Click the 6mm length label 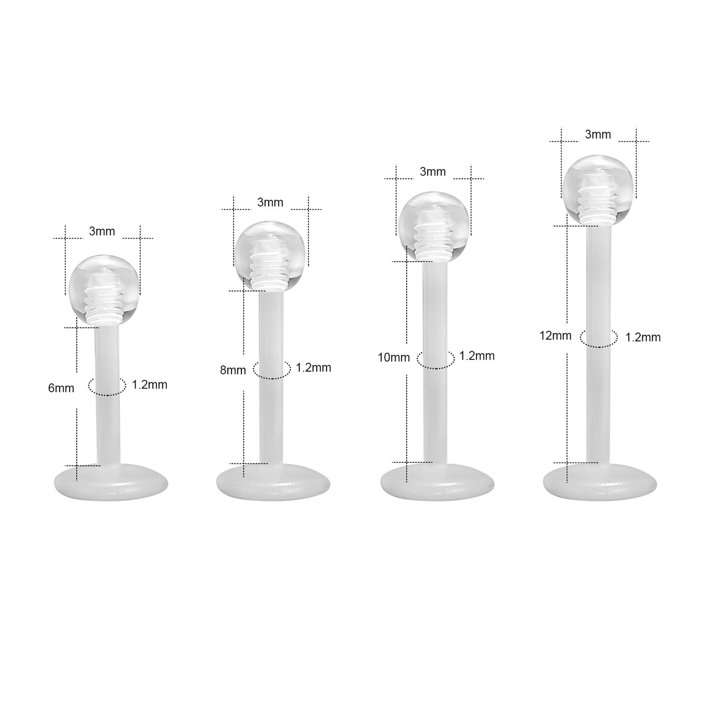coord(61,388)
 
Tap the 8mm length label coord(233,370)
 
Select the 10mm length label coord(394,358)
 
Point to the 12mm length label coord(556,336)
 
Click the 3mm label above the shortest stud coord(102,231)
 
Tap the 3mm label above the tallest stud coord(598,135)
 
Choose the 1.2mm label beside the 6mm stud coord(149,385)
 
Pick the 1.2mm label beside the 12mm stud coord(643,337)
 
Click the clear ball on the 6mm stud coord(104,291)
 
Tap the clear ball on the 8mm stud coord(270,256)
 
